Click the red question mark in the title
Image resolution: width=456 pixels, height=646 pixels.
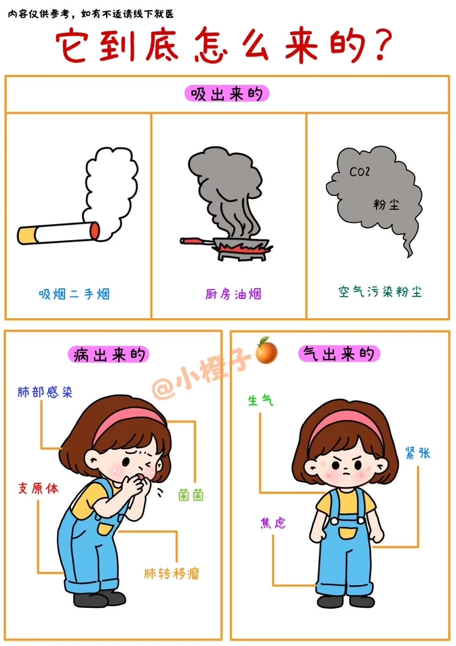coord(383,45)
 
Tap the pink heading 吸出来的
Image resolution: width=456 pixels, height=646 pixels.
coord(227,94)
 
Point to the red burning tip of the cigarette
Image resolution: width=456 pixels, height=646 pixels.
coord(95,231)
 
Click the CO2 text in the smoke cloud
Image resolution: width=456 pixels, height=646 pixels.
coord(360,172)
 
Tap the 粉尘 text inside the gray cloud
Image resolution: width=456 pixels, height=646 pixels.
coord(386,205)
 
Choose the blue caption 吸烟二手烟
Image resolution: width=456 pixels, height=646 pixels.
coord(74,294)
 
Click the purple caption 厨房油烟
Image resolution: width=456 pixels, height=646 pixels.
coord(233,294)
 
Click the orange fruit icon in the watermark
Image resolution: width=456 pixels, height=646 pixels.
coord(266,351)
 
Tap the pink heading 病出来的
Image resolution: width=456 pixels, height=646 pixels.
coord(109,355)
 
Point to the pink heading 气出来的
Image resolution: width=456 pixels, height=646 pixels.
coord(339,354)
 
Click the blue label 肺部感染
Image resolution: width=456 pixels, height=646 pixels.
coord(45,392)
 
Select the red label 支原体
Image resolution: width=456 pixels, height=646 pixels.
coord(38,488)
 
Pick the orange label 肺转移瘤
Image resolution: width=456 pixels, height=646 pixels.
coord(172,573)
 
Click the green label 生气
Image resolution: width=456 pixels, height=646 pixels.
coord(260,400)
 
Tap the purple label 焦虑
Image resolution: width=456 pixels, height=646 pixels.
coord(273,522)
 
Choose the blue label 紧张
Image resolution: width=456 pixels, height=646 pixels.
coord(418,453)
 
